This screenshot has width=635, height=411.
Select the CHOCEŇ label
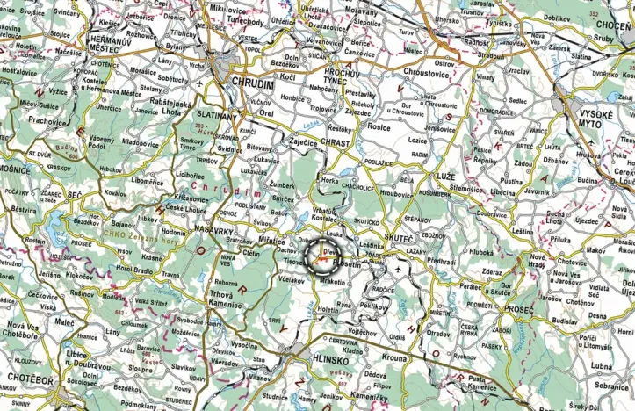tap(611, 27)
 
